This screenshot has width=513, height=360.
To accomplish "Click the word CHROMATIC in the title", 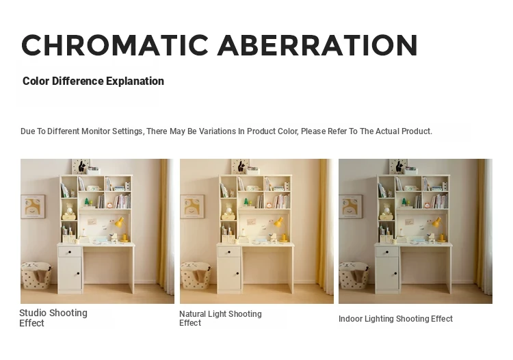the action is [115, 45].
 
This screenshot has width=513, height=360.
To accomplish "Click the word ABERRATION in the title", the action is [317, 45].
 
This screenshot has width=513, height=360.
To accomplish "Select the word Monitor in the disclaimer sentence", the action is [96, 131].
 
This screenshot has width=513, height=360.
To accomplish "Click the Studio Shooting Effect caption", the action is [53, 318].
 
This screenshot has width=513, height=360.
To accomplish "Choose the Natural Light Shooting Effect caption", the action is [220, 318].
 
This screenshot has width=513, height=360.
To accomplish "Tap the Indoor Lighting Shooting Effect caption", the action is [395, 319].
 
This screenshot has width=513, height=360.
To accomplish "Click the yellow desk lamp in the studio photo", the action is [121, 229].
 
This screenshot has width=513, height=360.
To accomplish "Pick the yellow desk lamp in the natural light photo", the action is [280, 229].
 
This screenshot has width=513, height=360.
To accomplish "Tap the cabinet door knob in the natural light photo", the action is [237, 274].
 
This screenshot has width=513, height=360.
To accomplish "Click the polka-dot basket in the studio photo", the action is [36, 275].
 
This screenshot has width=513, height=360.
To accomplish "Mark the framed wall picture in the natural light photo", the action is [192, 207].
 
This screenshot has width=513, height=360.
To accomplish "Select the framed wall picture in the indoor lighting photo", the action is [351, 207].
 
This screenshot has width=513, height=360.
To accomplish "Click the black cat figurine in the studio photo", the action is [82, 166].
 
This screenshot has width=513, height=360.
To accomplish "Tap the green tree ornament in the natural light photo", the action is [246, 202].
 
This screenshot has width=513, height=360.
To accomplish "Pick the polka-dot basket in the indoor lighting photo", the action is [354, 275].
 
